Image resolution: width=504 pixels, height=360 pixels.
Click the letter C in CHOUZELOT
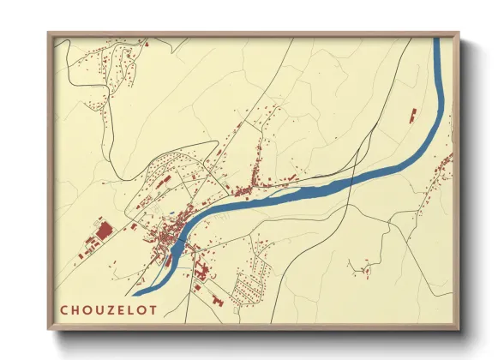point(65,310)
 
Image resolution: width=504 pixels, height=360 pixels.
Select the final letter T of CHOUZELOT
point(153,310)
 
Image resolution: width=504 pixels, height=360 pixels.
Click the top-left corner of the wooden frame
point(49,33)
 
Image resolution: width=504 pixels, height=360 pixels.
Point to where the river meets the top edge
point(440,39)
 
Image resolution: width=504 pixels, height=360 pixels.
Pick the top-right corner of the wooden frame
point(459,33)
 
